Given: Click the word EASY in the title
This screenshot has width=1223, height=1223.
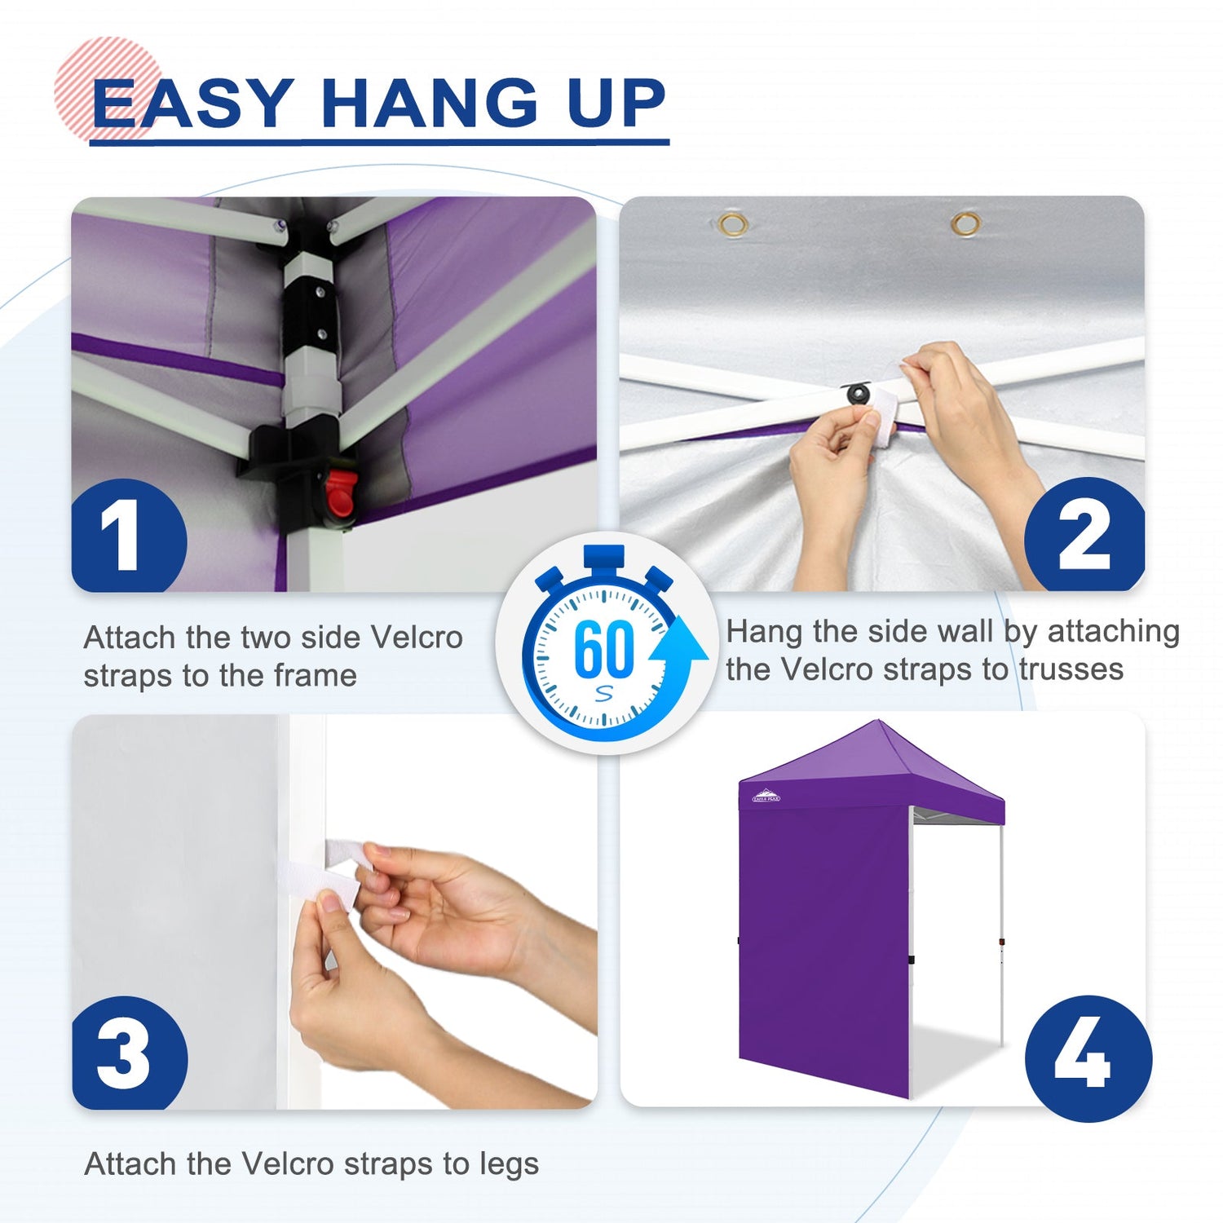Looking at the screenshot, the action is pyautogui.click(x=192, y=104).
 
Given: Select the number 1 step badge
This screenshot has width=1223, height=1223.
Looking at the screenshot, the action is pyautogui.click(x=129, y=536).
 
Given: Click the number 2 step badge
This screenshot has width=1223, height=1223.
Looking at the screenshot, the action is pyautogui.click(x=1084, y=534).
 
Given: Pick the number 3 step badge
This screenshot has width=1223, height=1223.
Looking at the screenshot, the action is pyautogui.click(x=130, y=1053).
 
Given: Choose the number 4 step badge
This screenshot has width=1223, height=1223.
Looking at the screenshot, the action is pyautogui.click(x=1088, y=1058).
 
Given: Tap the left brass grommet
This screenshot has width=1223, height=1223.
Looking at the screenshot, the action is pyautogui.click(x=733, y=223).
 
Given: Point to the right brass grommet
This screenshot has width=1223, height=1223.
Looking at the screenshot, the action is pyautogui.click(x=966, y=223).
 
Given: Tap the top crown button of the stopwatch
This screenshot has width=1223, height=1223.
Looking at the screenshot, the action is pyautogui.click(x=604, y=559).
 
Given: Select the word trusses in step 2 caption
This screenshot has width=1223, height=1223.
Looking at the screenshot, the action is pyautogui.click(x=1071, y=669).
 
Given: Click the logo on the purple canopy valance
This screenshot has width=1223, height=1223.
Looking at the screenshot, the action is pyautogui.click(x=766, y=796).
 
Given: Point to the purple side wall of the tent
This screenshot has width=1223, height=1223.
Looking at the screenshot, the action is pyautogui.click(x=823, y=938).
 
